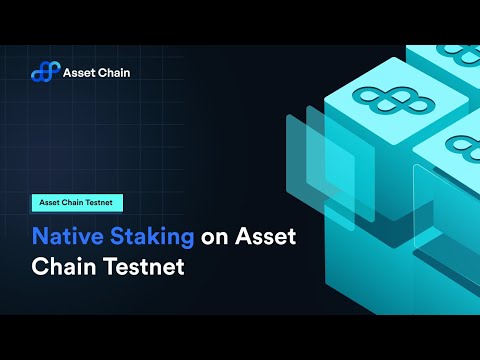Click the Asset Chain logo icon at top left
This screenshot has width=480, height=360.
(x=45, y=72)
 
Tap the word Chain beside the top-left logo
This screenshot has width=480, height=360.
(x=114, y=72)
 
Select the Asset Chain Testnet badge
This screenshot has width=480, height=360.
(x=78, y=202)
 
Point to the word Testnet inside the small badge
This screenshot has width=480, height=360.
(x=104, y=202)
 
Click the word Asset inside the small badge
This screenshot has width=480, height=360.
(x=50, y=202)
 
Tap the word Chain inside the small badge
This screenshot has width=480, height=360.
(x=74, y=202)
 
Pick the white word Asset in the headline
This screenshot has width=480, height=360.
(x=267, y=238)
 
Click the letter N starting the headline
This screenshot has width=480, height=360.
(x=40, y=238)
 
